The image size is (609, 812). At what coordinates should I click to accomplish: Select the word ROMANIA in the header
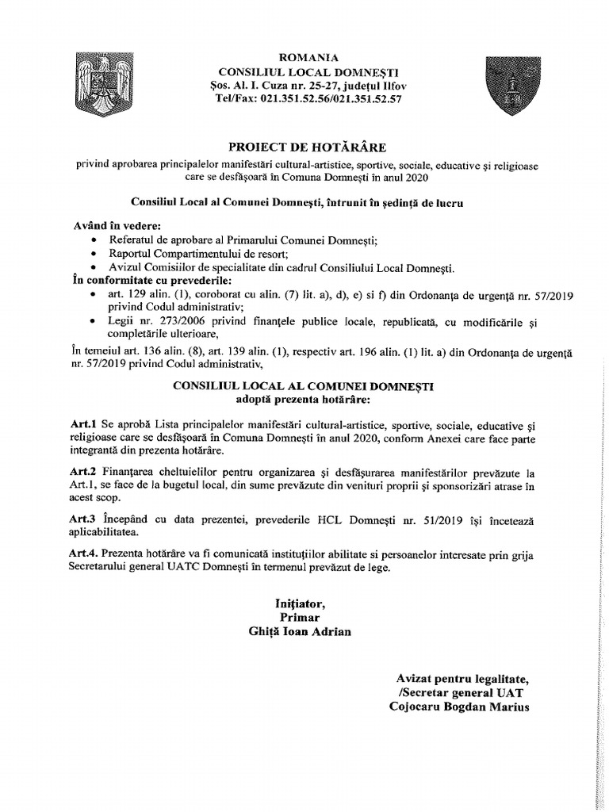pyautogui.click(x=304, y=58)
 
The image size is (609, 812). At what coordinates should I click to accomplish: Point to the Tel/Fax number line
pyautogui.click(x=304, y=99)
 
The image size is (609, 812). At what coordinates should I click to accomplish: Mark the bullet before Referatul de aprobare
pyautogui.click(x=96, y=239)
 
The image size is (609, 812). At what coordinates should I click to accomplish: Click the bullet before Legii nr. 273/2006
pyautogui.click(x=96, y=321)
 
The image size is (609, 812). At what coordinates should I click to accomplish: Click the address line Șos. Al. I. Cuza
pyautogui.click(x=304, y=85)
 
